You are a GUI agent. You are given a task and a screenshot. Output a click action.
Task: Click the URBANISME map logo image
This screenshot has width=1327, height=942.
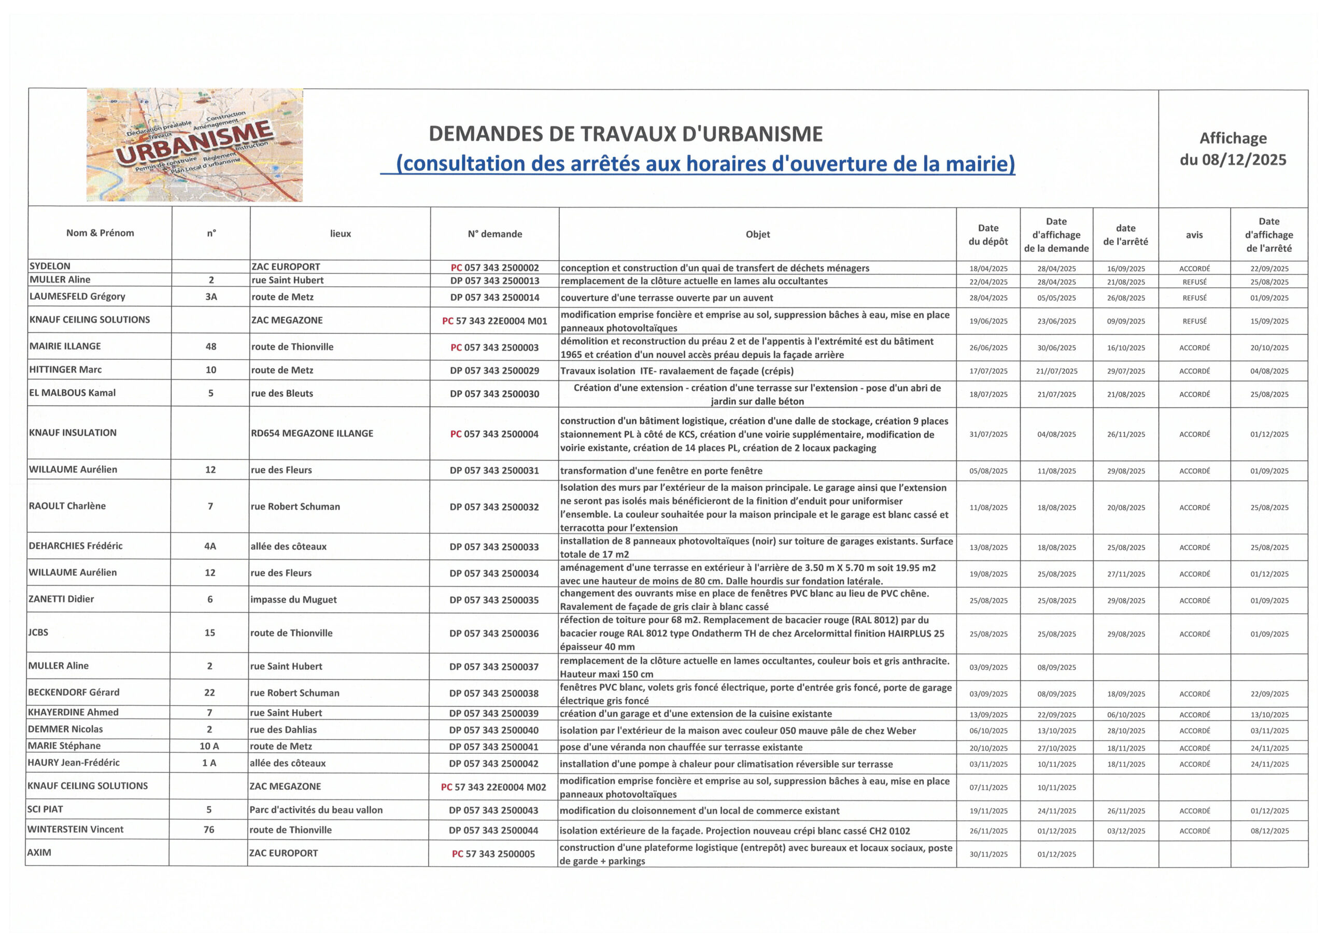tap(194, 145)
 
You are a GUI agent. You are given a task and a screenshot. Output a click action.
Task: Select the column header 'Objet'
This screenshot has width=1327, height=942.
tap(757, 234)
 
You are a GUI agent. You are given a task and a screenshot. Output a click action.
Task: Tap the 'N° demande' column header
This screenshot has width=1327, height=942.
tap(495, 234)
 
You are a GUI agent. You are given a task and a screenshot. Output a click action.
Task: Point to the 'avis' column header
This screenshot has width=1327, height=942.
tap(1194, 235)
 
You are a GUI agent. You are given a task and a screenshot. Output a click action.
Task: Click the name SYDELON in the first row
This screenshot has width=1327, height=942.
tap(50, 266)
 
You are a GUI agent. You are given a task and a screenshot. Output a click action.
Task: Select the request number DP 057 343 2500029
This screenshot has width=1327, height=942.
tap(495, 371)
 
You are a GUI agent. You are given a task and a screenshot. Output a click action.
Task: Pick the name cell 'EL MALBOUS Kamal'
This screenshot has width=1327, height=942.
tap(73, 392)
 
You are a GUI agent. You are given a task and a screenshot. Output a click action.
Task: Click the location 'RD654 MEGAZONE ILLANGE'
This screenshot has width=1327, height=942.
tap(312, 433)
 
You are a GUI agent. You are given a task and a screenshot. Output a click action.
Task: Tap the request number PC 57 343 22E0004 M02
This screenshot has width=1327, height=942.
tap(493, 787)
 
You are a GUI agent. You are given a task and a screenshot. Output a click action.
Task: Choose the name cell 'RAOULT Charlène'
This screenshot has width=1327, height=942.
tap(67, 506)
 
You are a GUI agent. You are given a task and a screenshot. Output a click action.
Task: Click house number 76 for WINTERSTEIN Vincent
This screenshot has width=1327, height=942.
tap(209, 829)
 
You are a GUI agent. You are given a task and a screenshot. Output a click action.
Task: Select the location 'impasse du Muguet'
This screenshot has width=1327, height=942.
tap(293, 600)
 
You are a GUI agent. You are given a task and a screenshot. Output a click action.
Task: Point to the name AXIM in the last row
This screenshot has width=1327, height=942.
tap(39, 852)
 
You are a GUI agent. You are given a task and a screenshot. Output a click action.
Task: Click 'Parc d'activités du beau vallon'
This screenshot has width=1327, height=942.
tap(316, 810)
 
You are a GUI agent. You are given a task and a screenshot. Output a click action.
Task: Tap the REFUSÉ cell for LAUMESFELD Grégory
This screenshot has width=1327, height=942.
tap(1194, 298)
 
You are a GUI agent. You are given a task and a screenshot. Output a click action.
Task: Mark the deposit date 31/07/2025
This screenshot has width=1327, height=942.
tap(989, 434)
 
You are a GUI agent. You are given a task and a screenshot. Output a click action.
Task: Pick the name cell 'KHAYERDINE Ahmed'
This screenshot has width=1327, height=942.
tap(73, 712)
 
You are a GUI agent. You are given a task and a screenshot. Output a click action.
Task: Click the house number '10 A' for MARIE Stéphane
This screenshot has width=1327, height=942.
tap(209, 747)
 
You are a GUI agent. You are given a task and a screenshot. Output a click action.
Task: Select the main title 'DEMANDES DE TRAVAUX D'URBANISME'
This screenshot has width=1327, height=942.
tap(625, 134)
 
